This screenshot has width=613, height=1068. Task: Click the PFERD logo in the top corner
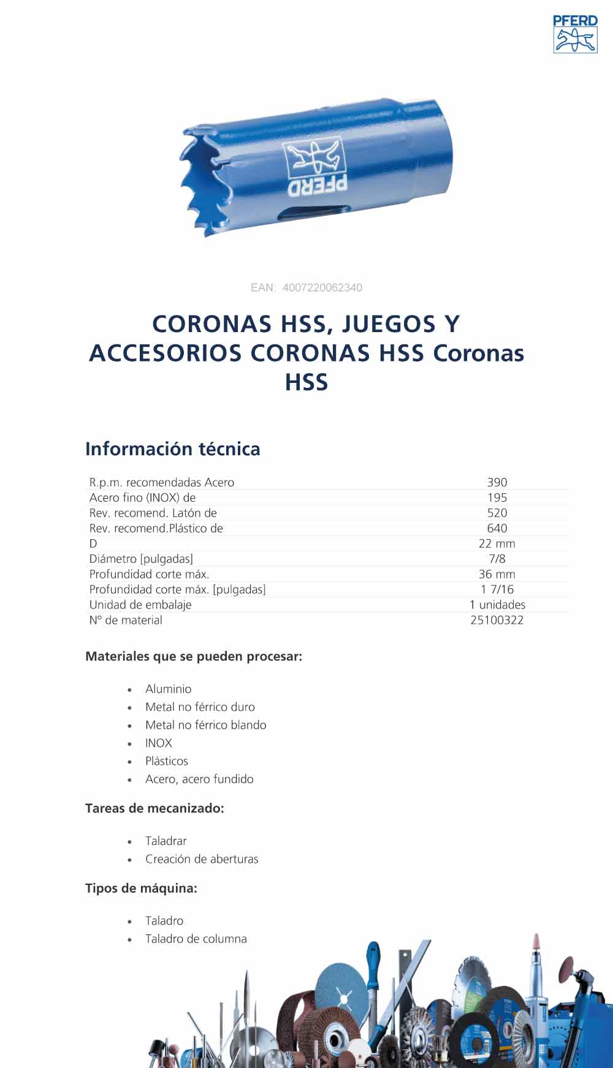575,34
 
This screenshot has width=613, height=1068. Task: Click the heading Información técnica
172,449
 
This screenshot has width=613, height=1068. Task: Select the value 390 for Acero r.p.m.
497,482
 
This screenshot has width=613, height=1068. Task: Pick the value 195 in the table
497,498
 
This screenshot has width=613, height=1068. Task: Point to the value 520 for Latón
497,513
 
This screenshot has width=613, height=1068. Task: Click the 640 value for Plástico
497,528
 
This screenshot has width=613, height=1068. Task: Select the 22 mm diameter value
497,543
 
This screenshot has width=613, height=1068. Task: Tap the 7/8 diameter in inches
497,559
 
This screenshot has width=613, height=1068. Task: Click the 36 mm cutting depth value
497,574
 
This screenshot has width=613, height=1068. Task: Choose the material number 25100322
497,620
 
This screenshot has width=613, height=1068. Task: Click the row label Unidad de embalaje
140,605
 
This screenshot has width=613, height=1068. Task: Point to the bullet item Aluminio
169,689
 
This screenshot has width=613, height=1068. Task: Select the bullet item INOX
159,743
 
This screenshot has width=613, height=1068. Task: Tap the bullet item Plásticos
167,761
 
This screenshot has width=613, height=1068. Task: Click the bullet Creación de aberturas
202,859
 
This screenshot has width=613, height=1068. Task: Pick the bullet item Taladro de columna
196,939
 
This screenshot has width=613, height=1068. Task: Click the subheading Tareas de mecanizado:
154,808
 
